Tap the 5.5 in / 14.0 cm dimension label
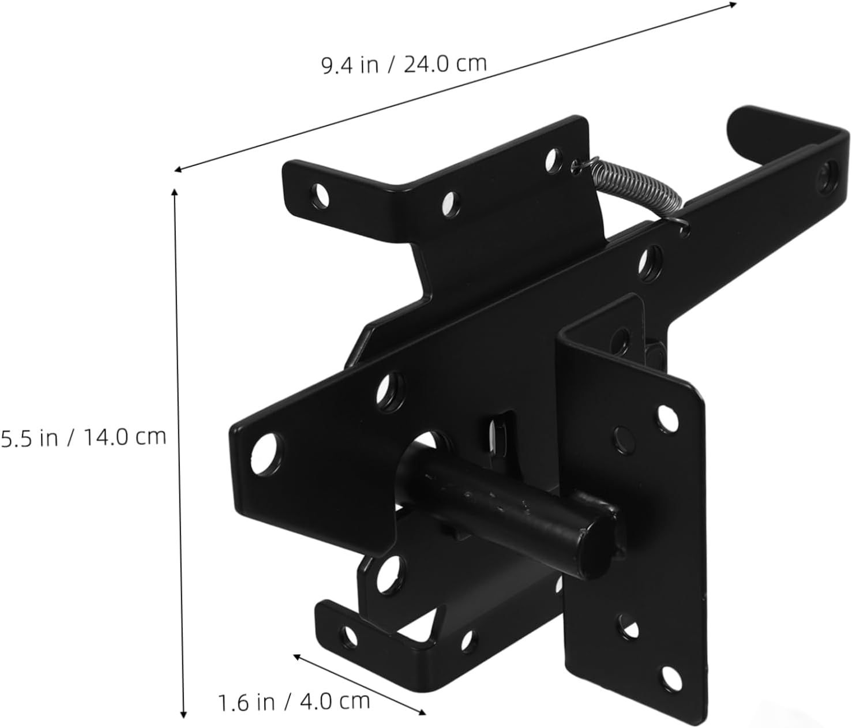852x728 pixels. tap(83, 437)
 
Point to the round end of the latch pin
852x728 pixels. tap(596, 546)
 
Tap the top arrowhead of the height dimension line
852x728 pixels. tap(175, 193)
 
